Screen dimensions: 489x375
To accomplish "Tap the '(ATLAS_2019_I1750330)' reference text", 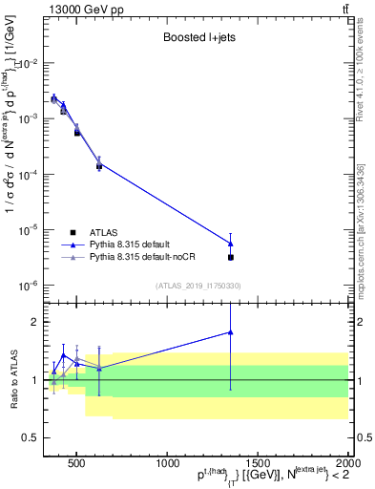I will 198,286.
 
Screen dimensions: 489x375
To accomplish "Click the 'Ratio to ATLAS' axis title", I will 12,379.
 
